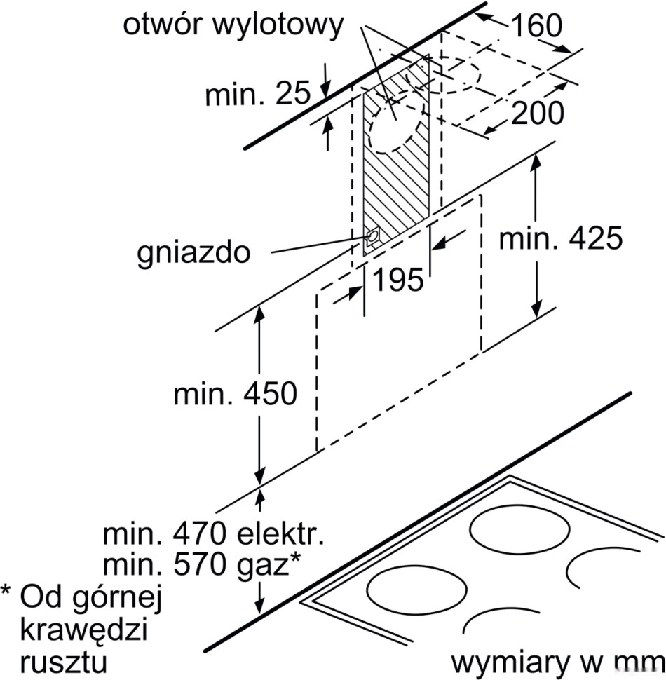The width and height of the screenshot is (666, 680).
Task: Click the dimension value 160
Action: click(536, 26)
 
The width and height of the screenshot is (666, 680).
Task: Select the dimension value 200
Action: click(537, 112)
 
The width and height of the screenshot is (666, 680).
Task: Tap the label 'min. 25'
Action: click(257, 94)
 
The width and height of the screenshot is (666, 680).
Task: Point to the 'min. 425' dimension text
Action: click(559, 240)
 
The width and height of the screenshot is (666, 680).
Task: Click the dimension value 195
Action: click(397, 280)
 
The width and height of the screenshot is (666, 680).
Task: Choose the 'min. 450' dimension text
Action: click(235, 394)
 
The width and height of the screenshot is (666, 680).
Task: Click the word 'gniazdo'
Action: click(193, 252)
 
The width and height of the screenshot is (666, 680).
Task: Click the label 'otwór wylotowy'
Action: click(234, 26)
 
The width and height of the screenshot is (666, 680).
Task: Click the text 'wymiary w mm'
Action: click(557, 662)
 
